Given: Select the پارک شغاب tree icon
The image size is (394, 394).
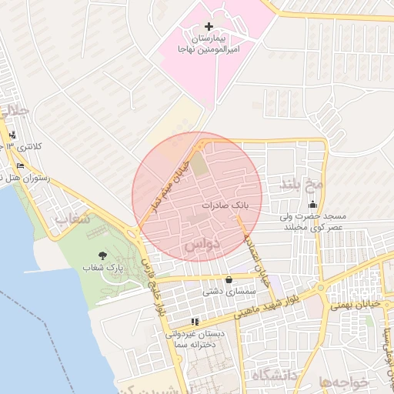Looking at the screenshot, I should click(x=103, y=255).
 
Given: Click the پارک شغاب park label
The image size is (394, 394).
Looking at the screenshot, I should click(x=103, y=268).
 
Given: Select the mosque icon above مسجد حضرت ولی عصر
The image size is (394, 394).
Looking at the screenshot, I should click(x=312, y=205).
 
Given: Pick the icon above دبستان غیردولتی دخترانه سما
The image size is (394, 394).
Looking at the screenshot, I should click(x=195, y=322).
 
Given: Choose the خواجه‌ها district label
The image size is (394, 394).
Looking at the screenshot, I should click(x=339, y=381).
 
